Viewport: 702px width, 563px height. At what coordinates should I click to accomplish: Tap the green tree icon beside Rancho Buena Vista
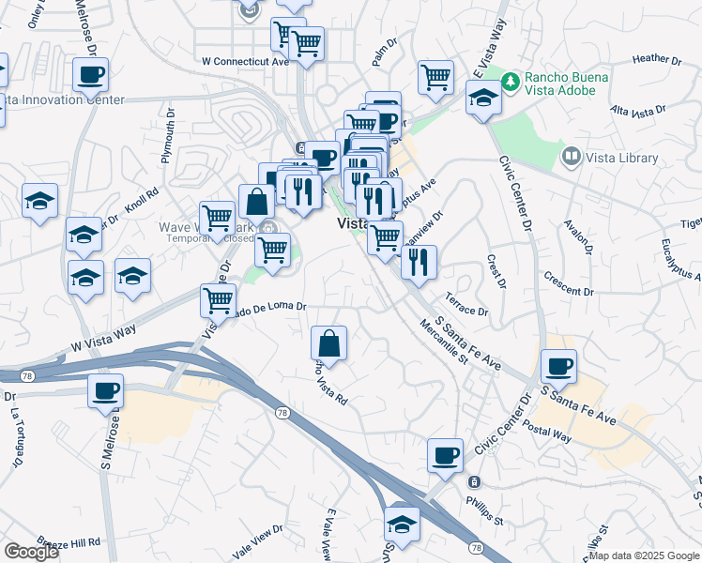tap(511, 81)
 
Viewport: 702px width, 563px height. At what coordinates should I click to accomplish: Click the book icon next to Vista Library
tap(570, 156)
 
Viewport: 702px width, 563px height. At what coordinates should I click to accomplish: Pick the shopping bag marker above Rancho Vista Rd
tap(329, 342)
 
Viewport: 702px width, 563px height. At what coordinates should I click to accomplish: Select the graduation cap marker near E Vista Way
tap(483, 99)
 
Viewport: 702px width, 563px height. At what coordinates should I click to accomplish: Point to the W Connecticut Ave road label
tap(245, 61)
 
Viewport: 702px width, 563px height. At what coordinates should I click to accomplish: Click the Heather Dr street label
tap(657, 58)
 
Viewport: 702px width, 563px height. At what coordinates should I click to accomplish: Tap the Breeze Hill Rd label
tap(69, 543)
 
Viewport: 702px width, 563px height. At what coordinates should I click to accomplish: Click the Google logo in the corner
tap(31, 552)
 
